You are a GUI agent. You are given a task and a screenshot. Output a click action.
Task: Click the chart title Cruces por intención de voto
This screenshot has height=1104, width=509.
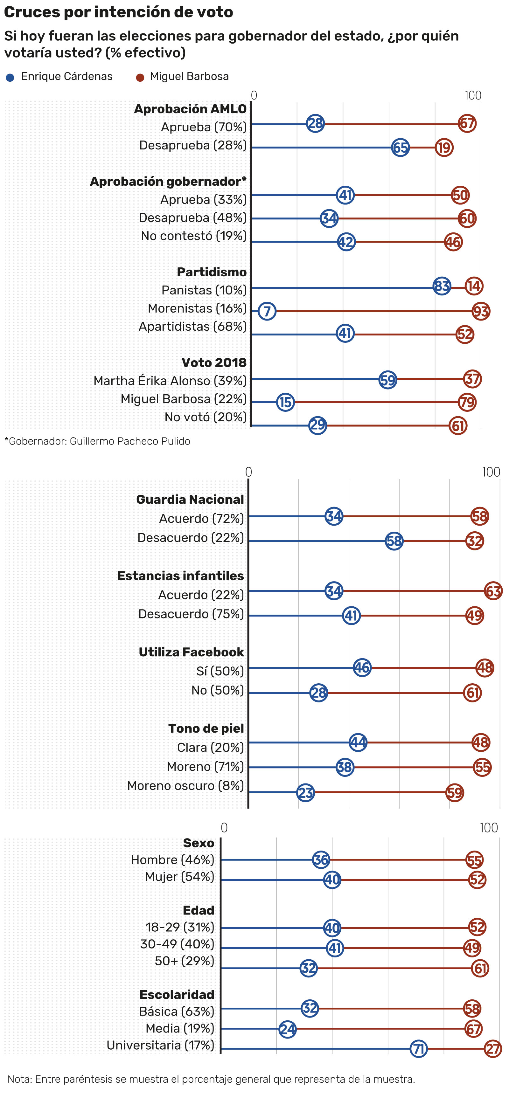[118, 12]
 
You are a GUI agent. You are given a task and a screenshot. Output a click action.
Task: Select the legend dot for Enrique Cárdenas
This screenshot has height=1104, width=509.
[10, 78]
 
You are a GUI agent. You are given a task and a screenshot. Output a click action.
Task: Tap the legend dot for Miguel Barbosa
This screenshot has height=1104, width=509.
[140, 78]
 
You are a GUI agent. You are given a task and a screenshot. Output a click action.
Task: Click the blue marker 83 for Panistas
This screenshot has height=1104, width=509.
[442, 286]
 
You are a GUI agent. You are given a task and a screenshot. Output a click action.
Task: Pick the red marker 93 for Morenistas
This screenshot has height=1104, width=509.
[481, 311]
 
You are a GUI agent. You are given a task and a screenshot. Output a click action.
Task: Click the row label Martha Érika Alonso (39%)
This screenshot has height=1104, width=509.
[170, 381]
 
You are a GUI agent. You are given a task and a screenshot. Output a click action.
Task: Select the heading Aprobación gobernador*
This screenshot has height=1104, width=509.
[168, 181]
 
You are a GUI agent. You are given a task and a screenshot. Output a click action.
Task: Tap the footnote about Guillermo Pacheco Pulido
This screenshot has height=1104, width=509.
[97, 441]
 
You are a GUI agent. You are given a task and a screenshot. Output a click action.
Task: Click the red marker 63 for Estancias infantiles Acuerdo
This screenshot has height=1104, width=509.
[493, 591]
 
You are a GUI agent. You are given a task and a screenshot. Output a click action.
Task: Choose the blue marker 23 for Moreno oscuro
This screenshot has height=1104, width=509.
[306, 792]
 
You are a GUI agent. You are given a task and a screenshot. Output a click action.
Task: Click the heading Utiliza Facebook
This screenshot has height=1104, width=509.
[191, 652]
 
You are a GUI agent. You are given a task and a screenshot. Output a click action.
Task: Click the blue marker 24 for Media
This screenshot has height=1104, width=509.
[287, 1029]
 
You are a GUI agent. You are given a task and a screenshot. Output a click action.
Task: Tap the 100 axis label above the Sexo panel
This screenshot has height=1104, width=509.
[488, 828]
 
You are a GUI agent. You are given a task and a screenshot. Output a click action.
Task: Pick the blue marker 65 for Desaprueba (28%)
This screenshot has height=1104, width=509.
[401, 148]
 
